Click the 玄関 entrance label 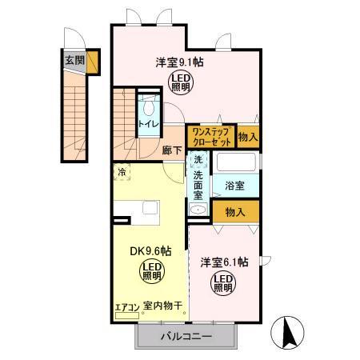coord(74,59)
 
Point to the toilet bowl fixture coord(148,108)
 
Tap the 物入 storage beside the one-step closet coord(248,137)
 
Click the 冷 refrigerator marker coord(122,171)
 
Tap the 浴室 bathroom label coord(234,185)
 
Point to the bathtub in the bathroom coord(234,163)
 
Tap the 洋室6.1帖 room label coord(223,262)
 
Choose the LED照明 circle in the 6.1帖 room coord(223,282)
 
